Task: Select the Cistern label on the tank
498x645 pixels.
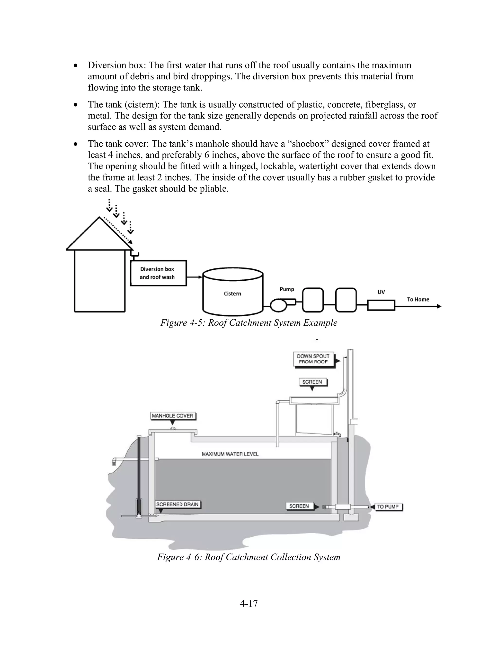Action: (232, 294)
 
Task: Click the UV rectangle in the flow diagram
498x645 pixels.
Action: (381, 305)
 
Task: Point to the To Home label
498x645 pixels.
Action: (418, 299)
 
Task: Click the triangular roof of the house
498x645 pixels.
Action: (99, 236)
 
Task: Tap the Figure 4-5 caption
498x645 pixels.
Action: (249, 322)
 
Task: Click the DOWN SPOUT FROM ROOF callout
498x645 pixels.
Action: (313, 359)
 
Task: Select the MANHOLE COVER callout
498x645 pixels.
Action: (173, 416)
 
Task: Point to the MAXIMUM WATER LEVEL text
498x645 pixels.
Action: (230, 454)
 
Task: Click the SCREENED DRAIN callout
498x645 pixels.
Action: (177, 504)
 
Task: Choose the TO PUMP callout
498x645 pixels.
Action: (388, 507)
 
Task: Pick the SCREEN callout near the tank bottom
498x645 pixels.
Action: (299, 506)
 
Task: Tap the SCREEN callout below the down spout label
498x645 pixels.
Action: (312, 382)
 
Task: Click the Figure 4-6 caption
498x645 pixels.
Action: (249, 557)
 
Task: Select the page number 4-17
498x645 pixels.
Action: (249, 603)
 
